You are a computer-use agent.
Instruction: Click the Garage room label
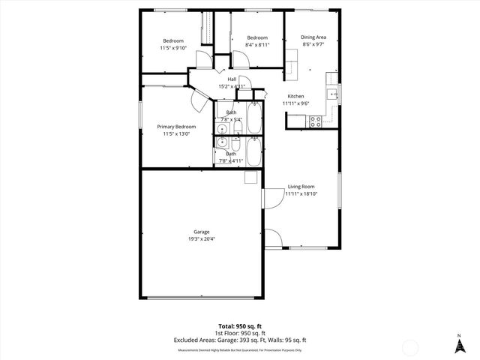pos(201,232)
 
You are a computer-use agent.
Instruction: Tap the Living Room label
pos(301,187)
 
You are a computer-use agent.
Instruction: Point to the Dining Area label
pos(313,37)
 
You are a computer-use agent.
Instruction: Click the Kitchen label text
pos(295,96)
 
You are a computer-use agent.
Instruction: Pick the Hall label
pos(232,79)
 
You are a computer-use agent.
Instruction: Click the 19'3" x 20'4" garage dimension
pos(201,239)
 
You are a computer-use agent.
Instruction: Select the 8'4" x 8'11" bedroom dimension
pos(257,45)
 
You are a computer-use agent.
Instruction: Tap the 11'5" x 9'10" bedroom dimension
pos(173,48)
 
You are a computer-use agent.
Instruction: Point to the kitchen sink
pos(330,93)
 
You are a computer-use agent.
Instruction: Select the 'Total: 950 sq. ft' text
pos(240,326)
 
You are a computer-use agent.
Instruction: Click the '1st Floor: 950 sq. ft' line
pos(240,333)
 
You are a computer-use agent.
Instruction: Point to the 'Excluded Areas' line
pos(240,340)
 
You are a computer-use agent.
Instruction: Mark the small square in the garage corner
pos(250,177)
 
